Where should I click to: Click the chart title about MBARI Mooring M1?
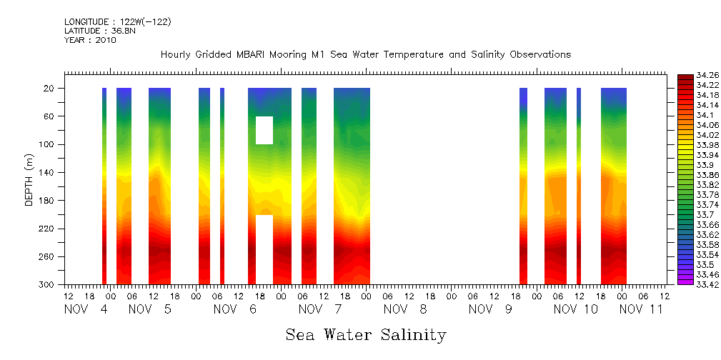pos(366,55)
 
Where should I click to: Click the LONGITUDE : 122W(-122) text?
pos(118,22)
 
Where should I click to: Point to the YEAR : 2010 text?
pos(90,40)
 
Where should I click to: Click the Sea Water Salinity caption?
pos(366,335)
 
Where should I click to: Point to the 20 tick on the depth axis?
pos(49,89)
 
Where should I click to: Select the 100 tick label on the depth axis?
pos(47,144)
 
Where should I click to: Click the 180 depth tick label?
pos(47,201)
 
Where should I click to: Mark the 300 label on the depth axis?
pos(47,284)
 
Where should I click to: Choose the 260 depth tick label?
pos(47,256)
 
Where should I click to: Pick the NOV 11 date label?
pos(641,309)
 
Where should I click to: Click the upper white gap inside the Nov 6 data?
pos(264,130)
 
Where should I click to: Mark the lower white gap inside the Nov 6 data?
pos(264,249)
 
